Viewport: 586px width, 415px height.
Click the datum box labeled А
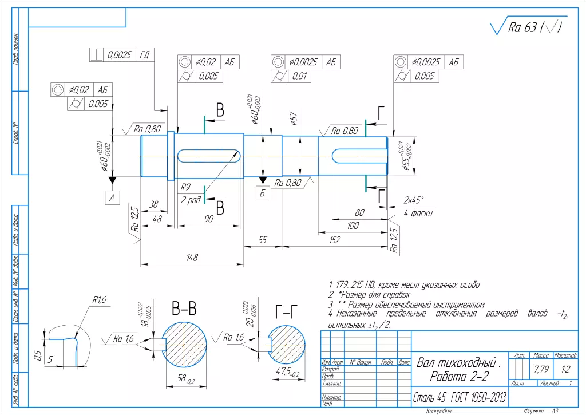pyautogui.click(x=112, y=197)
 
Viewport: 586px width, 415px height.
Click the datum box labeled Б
pyautogui.click(x=263, y=193)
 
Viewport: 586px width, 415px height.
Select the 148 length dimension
pyautogui.click(x=192, y=258)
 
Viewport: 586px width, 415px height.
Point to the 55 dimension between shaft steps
pyautogui.click(x=263, y=241)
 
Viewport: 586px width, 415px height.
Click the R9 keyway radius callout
pyautogui.click(x=185, y=187)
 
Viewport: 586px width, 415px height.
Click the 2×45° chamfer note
pyautogui.click(x=413, y=200)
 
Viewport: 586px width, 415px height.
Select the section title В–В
pyautogui.click(x=184, y=309)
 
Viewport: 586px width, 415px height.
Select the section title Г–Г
pyautogui.click(x=286, y=311)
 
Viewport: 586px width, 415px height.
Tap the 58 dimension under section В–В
pyautogui.click(x=184, y=380)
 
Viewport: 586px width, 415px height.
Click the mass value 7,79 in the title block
pyautogui.click(x=541, y=369)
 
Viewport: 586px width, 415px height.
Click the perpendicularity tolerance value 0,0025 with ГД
pyautogui.click(x=120, y=55)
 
